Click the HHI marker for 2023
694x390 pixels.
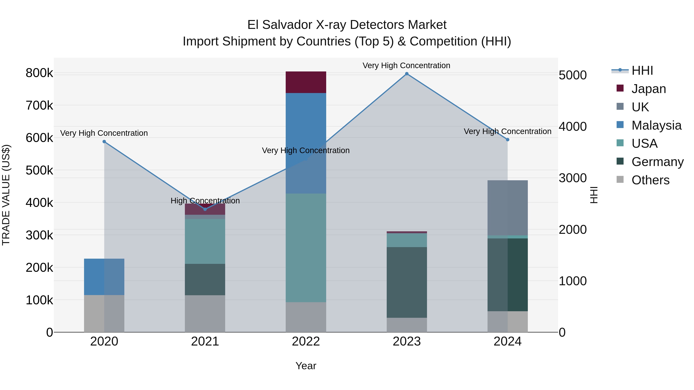[x=407, y=74]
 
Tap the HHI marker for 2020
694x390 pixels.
[x=104, y=142]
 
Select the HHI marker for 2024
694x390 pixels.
[x=508, y=140]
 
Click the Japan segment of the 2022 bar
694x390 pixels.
[x=306, y=82]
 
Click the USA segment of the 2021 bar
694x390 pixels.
[x=205, y=242]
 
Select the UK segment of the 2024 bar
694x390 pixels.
[x=508, y=208]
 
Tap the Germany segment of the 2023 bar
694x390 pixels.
[x=407, y=282]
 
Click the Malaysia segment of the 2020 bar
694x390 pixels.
[x=104, y=277]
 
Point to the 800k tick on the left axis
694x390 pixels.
[x=39, y=73]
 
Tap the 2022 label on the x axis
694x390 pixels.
[x=306, y=341]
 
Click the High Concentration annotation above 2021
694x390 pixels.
[x=205, y=201]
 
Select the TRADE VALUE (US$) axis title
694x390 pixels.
[x=6, y=195]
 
